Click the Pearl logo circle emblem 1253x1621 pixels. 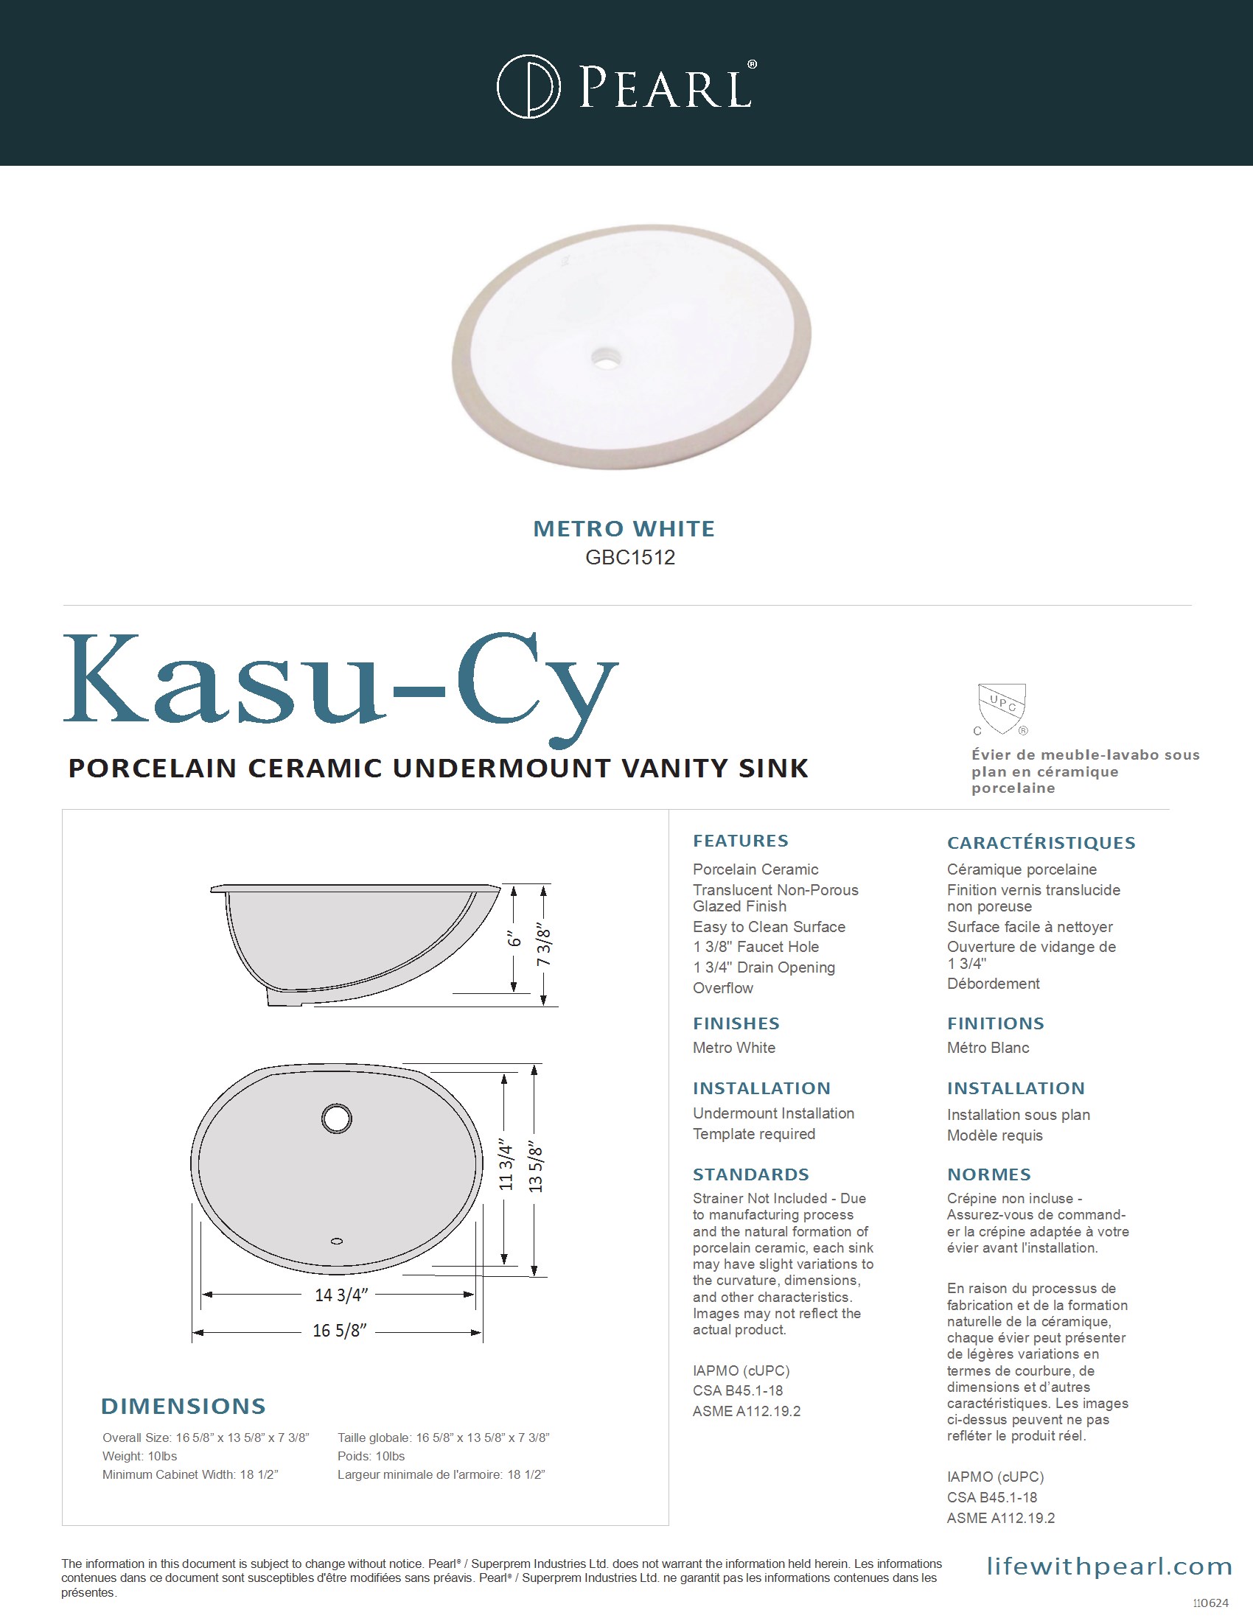coord(528,86)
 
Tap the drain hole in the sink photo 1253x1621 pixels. coord(607,357)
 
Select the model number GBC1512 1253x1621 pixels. coord(629,558)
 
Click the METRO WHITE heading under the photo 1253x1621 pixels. coord(624,528)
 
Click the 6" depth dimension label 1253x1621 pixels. coord(514,939)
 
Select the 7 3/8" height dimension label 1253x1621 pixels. coord(544,945)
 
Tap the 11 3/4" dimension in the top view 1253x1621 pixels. coord(506,1166)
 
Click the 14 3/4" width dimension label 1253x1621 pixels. coord(341,1295)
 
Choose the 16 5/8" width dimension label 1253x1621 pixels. coord(339,1331)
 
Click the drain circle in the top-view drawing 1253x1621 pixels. coord(336,1118)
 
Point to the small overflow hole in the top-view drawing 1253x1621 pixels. coord(336,1241)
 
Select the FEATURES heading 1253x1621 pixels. coord(740,841)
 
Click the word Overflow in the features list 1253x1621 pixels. coord(722,988)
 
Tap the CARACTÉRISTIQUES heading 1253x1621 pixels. coord(1041,842)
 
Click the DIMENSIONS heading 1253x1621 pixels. coord(183,1406)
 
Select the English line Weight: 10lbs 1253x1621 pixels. coord(139,1456)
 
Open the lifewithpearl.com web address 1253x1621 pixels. coord(1109,1566)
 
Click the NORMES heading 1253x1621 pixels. coord(988,1174)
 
